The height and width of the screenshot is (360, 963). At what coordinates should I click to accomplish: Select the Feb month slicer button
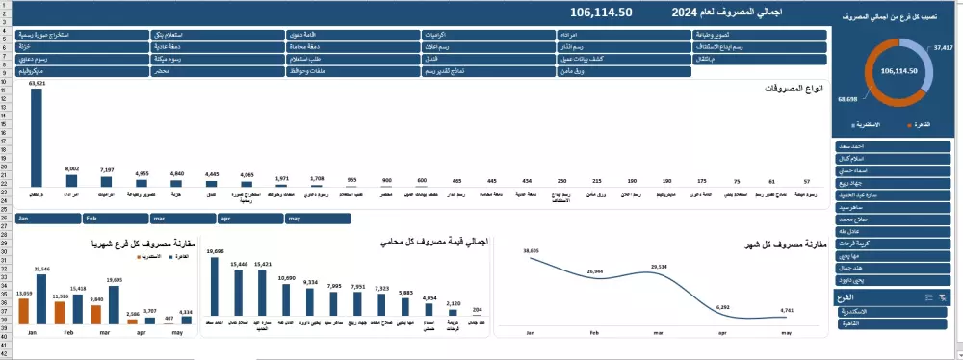[x=115, y=219]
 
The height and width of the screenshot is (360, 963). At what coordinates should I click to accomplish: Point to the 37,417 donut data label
[x=943, y=46]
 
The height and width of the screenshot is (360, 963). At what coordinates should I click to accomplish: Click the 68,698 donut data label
[x=847, y=99]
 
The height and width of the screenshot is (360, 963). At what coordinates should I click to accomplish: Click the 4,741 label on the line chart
[x=786, y=310]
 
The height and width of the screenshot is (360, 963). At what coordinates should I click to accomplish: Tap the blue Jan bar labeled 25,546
[x=40, y=298]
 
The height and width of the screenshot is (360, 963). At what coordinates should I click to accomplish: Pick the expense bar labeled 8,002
[x=71, y=180]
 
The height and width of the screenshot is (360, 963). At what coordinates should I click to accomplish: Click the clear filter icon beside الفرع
[x=943, y=298]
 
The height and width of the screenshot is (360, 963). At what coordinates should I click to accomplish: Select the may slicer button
[x=317, y=219]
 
